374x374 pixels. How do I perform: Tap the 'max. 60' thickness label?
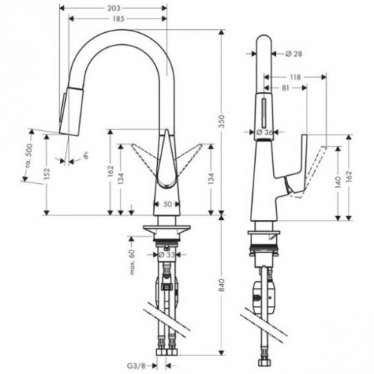click(x=131, y=263)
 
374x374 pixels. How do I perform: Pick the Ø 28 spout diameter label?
click(x=294, y=53)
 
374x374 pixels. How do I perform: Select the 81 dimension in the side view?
click(x=285, y=88)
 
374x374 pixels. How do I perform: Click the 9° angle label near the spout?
click(x=85, y=155)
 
